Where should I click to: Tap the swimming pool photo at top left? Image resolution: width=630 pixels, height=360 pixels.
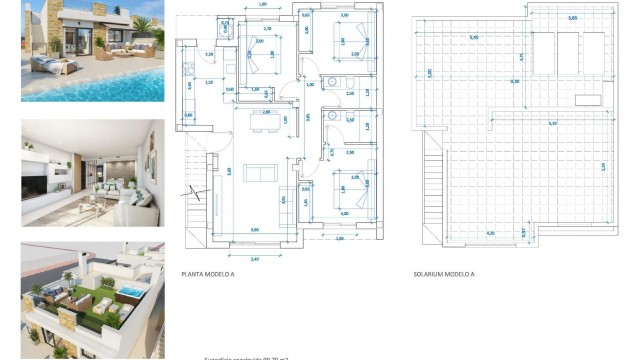92,52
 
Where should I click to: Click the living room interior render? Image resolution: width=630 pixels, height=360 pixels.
92,172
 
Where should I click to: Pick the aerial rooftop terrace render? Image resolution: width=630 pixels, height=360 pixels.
92,300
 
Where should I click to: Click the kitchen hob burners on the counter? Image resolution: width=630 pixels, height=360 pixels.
186,70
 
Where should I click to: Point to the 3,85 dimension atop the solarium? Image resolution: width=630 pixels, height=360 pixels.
572,19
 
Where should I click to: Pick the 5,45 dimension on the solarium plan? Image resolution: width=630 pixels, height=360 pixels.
473,38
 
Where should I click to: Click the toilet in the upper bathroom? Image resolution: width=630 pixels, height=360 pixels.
332,83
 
